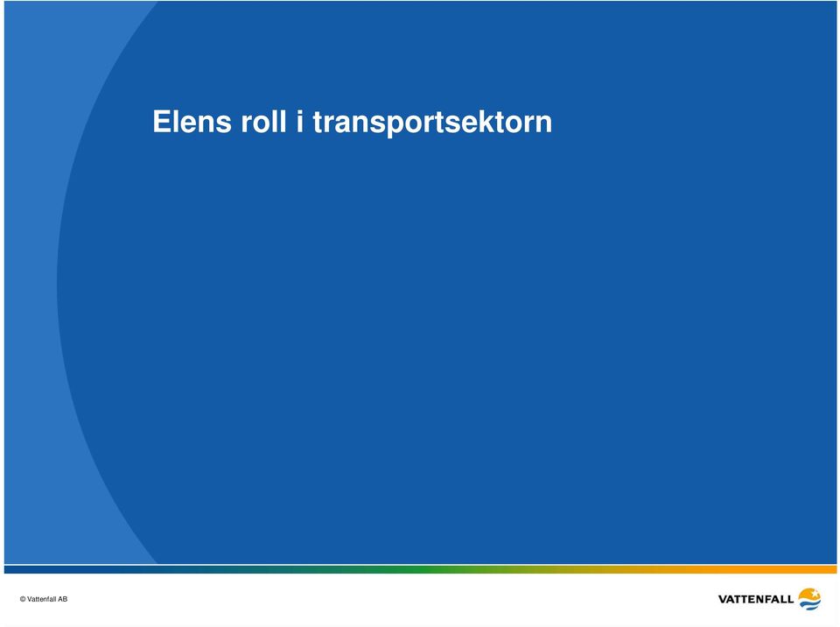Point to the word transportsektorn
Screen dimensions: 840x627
pos(432,123)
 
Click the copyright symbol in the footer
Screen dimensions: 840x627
pos(23,599)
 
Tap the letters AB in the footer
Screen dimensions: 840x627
pos(63,599)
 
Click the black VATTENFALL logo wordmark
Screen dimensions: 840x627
pos(755,599)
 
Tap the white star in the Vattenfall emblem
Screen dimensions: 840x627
pos(815,594)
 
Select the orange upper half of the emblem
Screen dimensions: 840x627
pos(808,595)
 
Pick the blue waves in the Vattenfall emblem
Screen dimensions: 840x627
pos(810,604)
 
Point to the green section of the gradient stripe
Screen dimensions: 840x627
pos(429,569)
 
